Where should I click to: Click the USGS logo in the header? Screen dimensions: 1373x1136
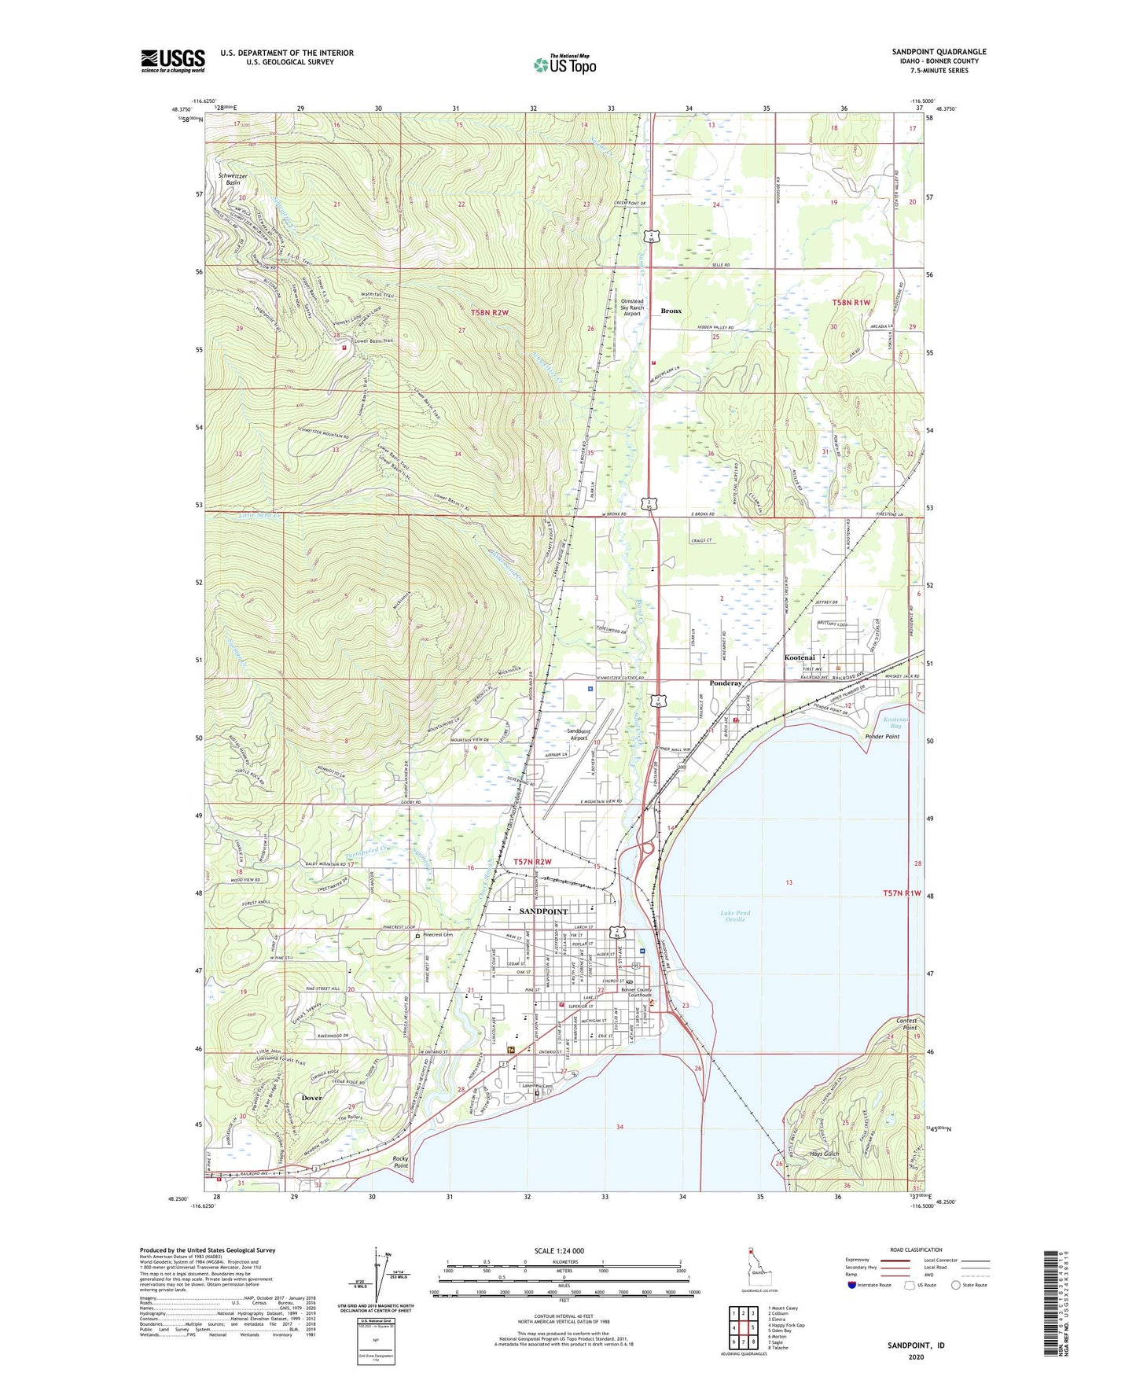pyautogui.click(x=173, y=61)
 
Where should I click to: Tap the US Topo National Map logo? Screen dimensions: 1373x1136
pyautogui.click(x=564, y=64)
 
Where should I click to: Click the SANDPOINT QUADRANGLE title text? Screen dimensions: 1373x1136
pyautogui.click(x=939, y=52)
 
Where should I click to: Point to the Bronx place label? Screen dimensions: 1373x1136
pyautogui.click(x=671, y=311)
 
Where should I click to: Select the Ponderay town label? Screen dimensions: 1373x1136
pyautogui.click(x=726, y=683)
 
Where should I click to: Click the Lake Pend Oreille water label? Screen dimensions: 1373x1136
pyautogui.click(x=735, y=916)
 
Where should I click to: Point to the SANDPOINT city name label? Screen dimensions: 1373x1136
pyautogui.click(x=543, y=911)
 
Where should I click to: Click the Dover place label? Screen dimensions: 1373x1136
pyautogui.click(x=312, y=1097)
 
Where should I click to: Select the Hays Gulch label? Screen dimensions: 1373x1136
pyautogui.click(x=824, y=1154)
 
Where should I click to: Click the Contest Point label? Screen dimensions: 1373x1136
pyautogui.click(x=906, y=1024)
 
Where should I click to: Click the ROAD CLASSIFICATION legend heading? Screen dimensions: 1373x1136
pyautogui.click(x=916, y=1250)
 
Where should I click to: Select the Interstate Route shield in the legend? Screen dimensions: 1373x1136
pyautogui.click(x=852, y=1285)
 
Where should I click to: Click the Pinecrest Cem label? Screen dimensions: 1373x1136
pyautogui.click(x=438, y=935)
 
